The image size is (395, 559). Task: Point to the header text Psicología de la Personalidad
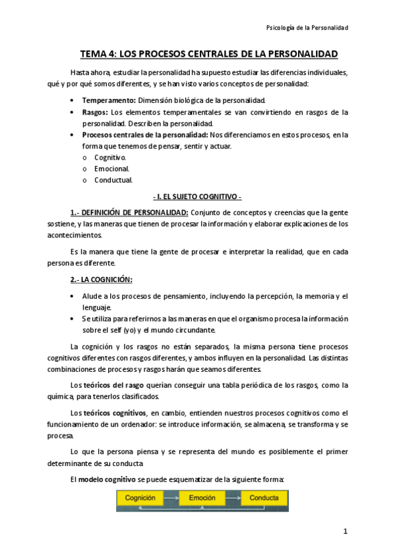point(307,28)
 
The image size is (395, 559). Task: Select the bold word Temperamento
point(109,100)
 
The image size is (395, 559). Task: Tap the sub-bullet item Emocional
point(111,168)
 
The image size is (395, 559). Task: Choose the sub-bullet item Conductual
point(113,179)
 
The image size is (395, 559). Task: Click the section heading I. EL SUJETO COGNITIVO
point(197,196)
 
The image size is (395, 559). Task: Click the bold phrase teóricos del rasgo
point(112,385)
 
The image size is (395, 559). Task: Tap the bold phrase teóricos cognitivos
point(115,412)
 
